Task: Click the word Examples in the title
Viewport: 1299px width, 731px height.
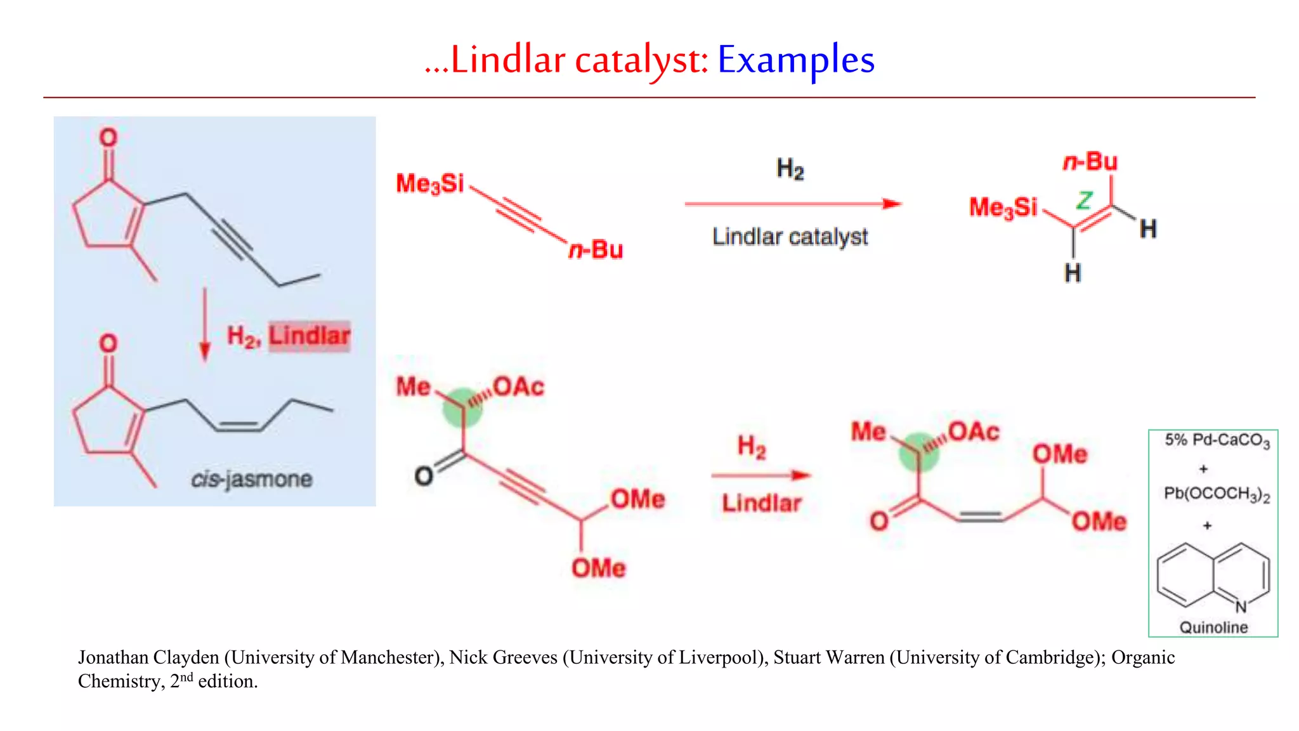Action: tap(795, 60)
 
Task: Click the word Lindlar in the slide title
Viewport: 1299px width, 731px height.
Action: tap(507, 60)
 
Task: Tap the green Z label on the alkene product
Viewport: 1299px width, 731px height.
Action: tap(1084, 200)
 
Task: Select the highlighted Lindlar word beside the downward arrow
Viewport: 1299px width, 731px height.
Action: tap(309, 336)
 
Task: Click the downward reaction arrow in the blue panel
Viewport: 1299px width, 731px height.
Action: tap(204, 324)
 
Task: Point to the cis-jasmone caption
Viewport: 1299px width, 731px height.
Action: tap(251, 479)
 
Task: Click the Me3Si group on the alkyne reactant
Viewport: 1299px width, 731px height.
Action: tap(430, 184)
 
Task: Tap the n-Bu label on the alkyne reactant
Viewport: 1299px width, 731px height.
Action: tap(595, 250)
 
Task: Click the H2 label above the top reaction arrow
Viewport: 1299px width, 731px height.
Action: tap(790, 169)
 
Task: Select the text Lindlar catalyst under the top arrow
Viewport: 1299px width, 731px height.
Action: tap(790, 237)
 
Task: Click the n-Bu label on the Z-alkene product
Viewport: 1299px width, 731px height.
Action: tap(1090, 162)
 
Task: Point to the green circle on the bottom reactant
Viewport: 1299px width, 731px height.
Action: tap(462, 407)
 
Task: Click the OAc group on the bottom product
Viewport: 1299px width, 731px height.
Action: tap(974, 431)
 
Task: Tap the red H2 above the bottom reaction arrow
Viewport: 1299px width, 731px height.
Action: tap(752, 447)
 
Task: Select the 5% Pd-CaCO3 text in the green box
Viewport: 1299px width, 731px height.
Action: tap(1217, 440)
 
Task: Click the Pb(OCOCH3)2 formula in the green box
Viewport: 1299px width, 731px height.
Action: tap(1217, 494)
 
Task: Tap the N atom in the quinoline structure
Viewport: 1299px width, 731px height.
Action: tap(1241, 607)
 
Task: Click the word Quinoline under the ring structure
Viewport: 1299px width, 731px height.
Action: tap(1213, 627)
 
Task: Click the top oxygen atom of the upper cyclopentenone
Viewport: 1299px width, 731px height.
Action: tap(108, 138)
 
